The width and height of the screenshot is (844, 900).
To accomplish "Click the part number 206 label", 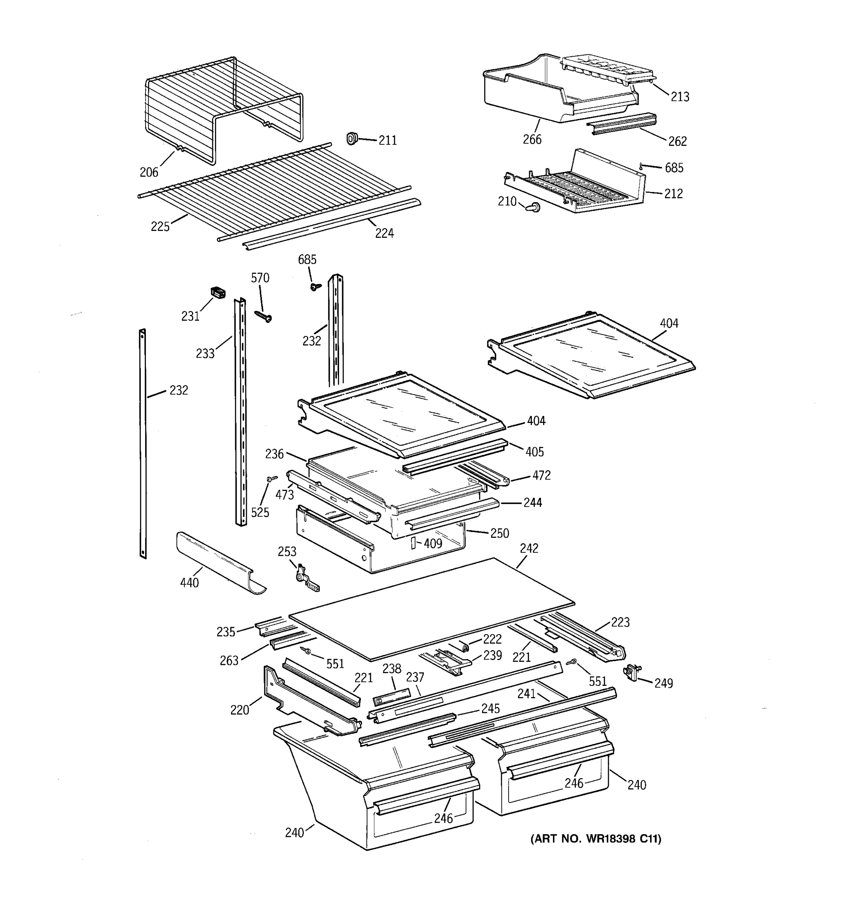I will [149, 172].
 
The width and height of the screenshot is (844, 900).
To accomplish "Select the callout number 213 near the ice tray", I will [680, 96].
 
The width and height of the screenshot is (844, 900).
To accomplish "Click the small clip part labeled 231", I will [218, 292].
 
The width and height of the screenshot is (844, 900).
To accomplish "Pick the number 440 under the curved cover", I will [189, 583].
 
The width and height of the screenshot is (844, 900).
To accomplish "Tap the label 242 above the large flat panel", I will [529, 548].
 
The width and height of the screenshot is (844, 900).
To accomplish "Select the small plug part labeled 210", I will [533, 208].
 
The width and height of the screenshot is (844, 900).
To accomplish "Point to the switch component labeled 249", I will [631, 672].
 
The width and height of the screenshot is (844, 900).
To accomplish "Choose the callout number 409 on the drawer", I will [433, 543].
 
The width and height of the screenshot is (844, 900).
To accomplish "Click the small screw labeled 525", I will [272, 478].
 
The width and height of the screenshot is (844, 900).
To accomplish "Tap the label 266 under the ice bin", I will [532, 139].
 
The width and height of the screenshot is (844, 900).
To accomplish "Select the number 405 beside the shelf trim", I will [534, 451].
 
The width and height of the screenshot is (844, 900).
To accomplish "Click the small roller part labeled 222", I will [463, 645].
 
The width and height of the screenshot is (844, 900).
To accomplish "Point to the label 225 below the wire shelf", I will [160, 226].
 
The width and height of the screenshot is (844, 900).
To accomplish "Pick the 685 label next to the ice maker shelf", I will [674, 168].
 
